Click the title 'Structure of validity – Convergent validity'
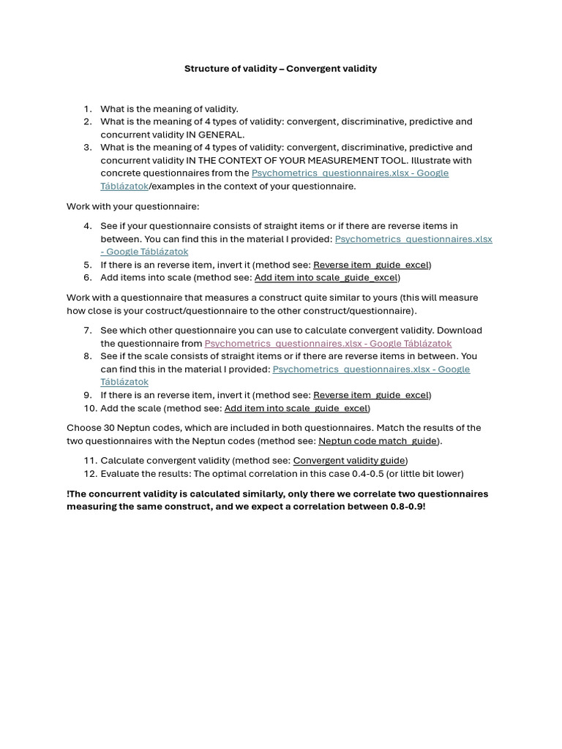click(280, 69)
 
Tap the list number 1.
click(87, 109)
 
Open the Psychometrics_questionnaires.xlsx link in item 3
click(350, 173)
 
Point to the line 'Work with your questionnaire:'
click(132, 206)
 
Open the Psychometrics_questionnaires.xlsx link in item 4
click(413, 239)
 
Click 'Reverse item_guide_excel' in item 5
click(370, 265)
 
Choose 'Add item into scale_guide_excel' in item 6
click(326, 278)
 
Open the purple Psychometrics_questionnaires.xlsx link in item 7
click(328, 344)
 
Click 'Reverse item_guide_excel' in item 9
click(370, 395)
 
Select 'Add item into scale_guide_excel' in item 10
click(296, 408)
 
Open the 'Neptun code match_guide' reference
click(377, 441)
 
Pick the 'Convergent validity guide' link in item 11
click(348, 461)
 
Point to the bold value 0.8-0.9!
click(408, 506)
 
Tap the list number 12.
click(90, 474)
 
